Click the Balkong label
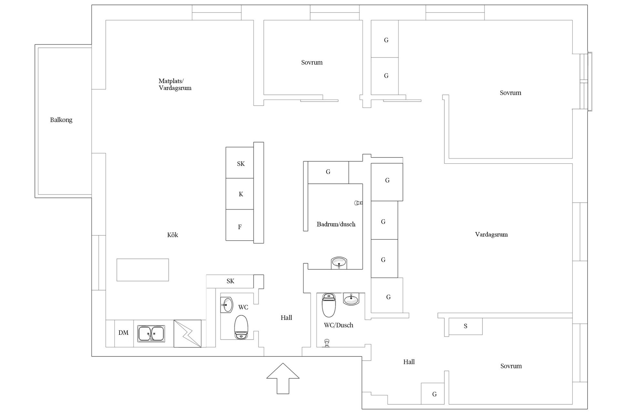pyautogui.click(x=61, y=120)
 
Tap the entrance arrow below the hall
pyautogui.click(x=283, y=378)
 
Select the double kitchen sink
pyautogui.click(x=151, y=334)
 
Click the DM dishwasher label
pyautogui.click(x=123, y=333)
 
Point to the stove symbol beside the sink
pyautogui.click(x=187, y=333)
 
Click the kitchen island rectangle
pyautogui.click(x=143, y=270)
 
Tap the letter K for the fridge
pyautogui.click(x=241, y=194)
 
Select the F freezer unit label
pyautogui.click(x=240, y=227)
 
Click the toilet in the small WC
pyautogui.click(x=241, y=327)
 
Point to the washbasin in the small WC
pyautogui.click(x=227, y=305)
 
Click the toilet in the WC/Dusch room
pyautogui.click(x=329, y=305)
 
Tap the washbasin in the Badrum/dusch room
pyautogui.click(x=339, y=263)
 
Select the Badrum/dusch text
pyautogui.click(x=336, y=224)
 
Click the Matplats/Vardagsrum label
pyautogui.click(x=175, y=84)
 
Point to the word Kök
pyautogui.click(x=172, y=235)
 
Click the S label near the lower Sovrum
pyautogui.click(x=465, y=326)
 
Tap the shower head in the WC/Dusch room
pyautogui.click(x=327, y=343)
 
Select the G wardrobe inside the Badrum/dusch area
pyautogui.click(x=328, y=172)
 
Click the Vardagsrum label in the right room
pyautogui.click(x=491, y=234)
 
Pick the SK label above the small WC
pyautogui.click(x=230, y=281)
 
